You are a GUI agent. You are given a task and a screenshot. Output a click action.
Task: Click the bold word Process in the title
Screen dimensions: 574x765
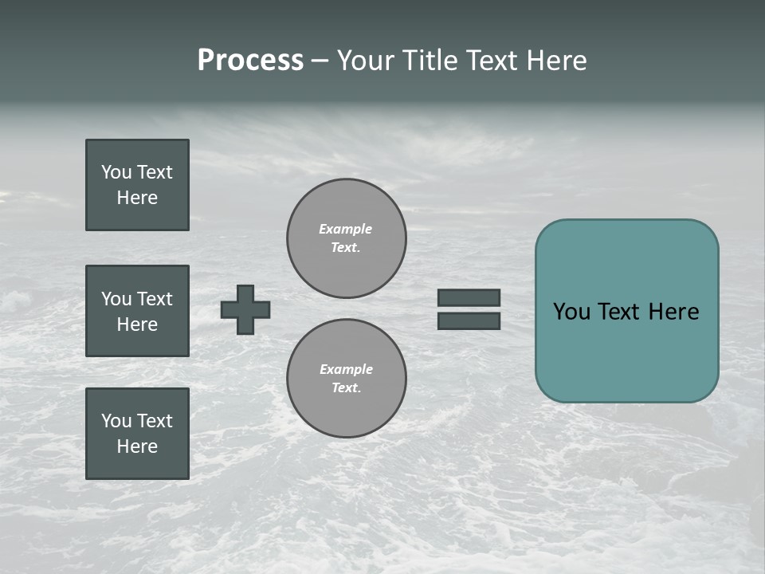[250, 61]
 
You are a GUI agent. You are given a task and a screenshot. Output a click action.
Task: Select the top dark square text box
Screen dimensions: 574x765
[137, 185]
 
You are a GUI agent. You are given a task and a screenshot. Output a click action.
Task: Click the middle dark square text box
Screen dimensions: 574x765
[137, 311]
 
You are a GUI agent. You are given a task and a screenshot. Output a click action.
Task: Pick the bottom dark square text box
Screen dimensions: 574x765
[137, 434]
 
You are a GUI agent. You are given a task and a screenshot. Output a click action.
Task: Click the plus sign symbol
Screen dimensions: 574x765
[245, 309]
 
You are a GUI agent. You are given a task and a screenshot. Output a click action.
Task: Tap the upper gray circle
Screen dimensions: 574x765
[347, 238]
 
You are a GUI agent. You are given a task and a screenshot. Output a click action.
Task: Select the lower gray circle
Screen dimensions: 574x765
[347, 379]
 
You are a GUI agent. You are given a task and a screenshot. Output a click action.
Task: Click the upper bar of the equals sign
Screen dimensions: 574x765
[469, 297]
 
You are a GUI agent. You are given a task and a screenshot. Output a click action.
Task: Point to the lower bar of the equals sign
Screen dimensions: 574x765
[469, 320]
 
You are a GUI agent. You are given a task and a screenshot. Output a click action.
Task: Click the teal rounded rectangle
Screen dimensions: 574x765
[626, 351]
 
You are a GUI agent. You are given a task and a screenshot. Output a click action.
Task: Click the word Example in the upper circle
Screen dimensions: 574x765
[345, 229]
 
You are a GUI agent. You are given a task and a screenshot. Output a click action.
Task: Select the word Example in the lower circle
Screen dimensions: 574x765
[346, 369]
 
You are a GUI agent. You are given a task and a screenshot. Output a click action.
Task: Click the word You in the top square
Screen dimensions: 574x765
[116, 172]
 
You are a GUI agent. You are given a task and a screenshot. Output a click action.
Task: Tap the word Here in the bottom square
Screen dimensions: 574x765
[137, 446]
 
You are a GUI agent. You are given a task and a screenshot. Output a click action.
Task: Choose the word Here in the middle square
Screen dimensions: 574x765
[137, 324]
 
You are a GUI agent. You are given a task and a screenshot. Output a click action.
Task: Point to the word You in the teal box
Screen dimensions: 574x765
[571, 312]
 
